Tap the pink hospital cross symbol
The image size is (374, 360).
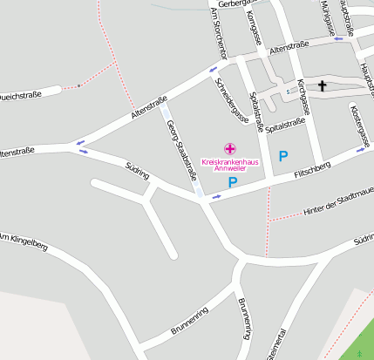(229, 149)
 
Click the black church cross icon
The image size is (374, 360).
(323, 85)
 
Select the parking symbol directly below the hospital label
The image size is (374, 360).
(232, 182)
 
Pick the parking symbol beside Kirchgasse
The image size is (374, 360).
(282, 156)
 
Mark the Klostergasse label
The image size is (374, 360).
(361, 127)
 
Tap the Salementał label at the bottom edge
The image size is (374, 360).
(278, 346)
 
